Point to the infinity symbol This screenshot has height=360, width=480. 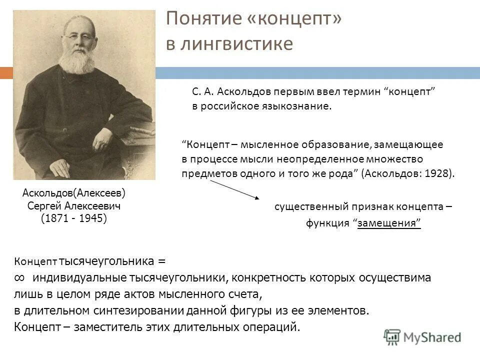[20, 278]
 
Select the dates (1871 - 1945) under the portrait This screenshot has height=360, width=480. [74, 219]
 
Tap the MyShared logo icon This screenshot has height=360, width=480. [392, 336]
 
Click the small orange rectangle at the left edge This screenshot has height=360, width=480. [6, 73]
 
